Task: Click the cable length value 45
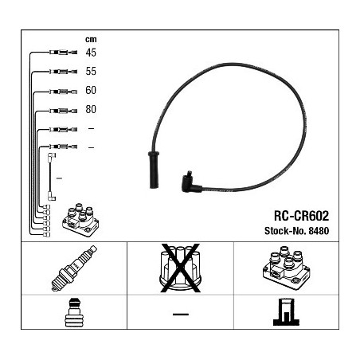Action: coord(91,53)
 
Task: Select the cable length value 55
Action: coord(91,71)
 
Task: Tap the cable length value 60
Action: coord(91,90)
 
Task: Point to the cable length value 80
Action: coord(91,109)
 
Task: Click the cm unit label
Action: coord(91,40)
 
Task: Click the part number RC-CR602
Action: coord(301,216)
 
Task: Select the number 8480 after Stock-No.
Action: coord(319,231)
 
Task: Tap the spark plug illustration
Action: coord(74,268)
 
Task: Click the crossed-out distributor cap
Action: coord(180,268)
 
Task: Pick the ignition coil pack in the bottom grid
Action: coord(286,268)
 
